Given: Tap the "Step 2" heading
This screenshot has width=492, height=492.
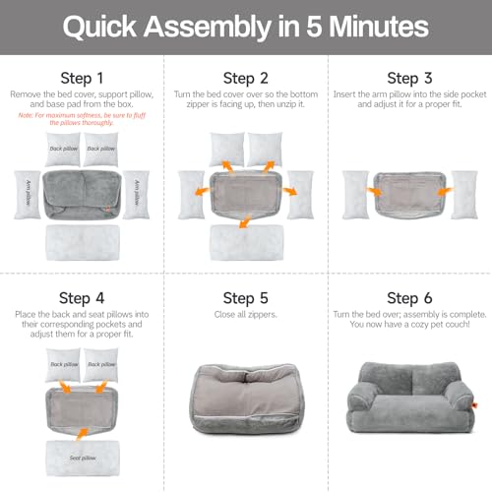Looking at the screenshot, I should click(x=246, y=77).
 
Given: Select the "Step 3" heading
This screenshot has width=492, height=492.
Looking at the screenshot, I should click(x=409, y=77).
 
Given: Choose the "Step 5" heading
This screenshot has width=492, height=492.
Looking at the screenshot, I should click(x=246, y=298).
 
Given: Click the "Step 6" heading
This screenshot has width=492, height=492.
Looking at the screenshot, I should click(x=409, y=298).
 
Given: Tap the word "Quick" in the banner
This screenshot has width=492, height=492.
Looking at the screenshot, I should click(x=105, y=27).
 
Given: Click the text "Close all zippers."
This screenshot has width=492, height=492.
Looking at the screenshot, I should click(x=246, y=316).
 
